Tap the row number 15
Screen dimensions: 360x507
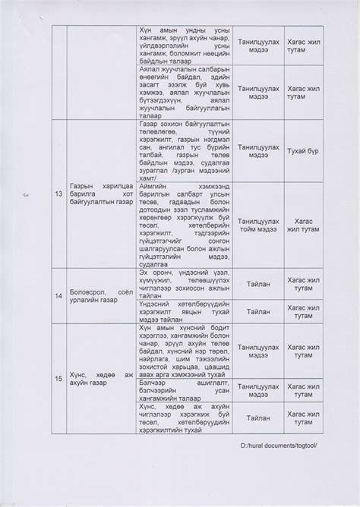pos(59,377)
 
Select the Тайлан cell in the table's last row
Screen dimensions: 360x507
pos(258,417)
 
